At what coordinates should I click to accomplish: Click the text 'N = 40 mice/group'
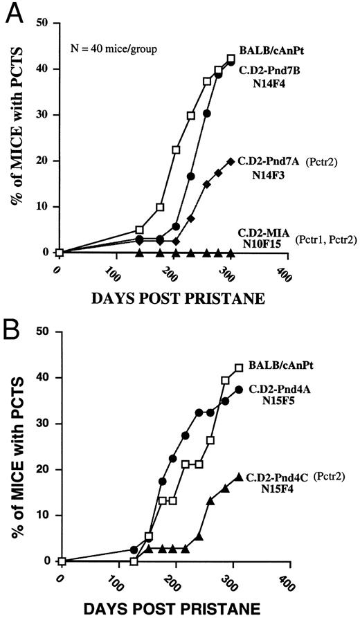coord(107,48)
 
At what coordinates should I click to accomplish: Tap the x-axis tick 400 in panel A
coord(281,271)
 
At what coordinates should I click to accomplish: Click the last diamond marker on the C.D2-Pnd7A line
coord(231,161)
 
